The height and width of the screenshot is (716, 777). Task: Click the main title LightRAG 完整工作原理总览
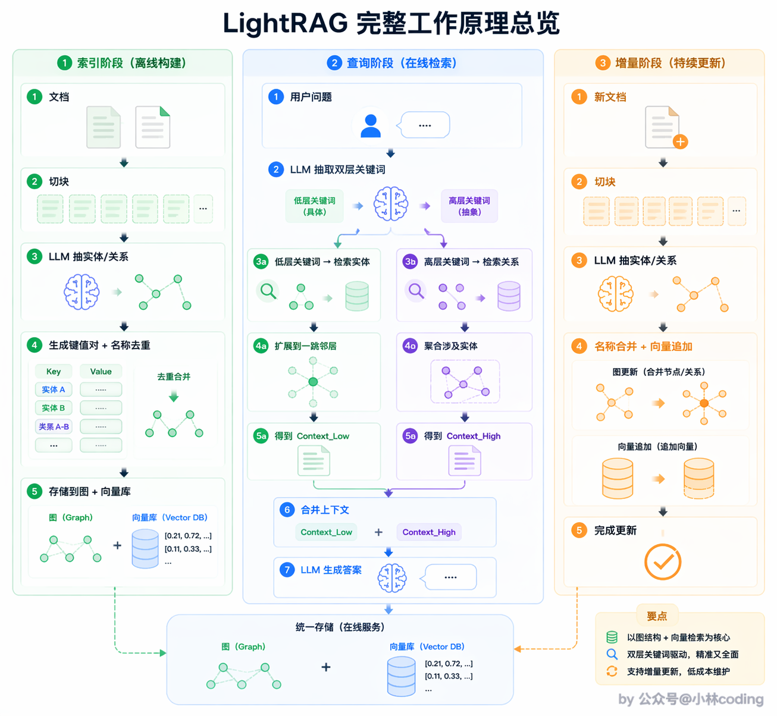click(391, 23)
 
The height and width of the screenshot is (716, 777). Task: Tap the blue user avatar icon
click(370, 126)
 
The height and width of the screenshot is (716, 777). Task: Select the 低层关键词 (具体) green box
click(314, 206)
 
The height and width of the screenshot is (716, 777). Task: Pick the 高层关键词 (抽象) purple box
click(469, 206)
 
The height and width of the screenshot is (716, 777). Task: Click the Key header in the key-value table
click(54, 371)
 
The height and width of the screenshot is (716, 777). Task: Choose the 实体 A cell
click(54, 390)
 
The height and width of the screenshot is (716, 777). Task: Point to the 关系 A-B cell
click(54, 426)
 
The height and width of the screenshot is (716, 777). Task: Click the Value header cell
click(101, 371)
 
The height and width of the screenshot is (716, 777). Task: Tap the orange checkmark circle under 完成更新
click(662, 562)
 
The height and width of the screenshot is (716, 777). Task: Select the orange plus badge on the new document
click(681, 142)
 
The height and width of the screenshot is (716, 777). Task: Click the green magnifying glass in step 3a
click(268, 291)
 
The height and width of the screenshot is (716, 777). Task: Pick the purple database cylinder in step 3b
click(509, 296)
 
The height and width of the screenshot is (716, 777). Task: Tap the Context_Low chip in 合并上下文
click(326, 532)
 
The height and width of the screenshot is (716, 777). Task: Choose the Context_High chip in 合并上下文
click(429, 532)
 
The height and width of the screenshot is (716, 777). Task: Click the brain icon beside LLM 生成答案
click(391, 578)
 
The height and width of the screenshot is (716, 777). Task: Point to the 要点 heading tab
click(656, 616)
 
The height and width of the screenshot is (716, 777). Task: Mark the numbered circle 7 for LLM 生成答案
click(287, 570)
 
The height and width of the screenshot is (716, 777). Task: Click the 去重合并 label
click(174, 377)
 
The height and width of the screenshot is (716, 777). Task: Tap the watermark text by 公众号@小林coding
click(691, 699)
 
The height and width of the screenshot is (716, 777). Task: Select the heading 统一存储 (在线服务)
click(340, 627)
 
